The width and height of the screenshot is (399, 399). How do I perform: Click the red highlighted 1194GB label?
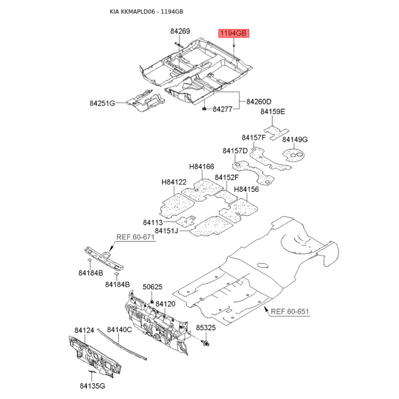point(233,33)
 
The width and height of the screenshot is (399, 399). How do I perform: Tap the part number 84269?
point(180,31)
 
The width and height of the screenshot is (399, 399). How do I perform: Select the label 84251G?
point(102,103)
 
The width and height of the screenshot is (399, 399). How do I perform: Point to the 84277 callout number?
point(223,108)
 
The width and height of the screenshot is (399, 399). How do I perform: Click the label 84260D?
point(258,102)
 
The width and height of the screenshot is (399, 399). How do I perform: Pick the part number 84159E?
point(273,112)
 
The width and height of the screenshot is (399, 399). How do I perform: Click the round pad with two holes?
point(294,155)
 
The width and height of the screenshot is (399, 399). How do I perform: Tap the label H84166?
point(201,167)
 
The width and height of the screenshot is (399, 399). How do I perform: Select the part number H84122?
point(174,183)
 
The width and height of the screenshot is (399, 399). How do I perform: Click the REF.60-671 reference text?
point(136,237)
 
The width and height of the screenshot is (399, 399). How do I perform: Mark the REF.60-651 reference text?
point(290,312)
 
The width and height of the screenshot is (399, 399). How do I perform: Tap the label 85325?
point(205,328)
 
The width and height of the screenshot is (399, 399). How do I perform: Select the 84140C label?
point(120,330)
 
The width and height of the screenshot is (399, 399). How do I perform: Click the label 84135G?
point(92,386)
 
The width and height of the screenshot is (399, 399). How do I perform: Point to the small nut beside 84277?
point(205,108)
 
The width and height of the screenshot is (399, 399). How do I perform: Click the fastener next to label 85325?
point(206,344)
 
